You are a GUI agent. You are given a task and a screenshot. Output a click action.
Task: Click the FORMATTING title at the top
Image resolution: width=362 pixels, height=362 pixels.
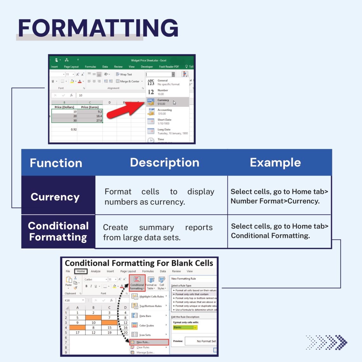point(98,28)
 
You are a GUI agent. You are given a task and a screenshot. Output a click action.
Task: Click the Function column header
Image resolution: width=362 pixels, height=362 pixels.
point(56,163)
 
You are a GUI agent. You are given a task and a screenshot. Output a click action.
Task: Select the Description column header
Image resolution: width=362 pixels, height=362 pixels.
point(164,162)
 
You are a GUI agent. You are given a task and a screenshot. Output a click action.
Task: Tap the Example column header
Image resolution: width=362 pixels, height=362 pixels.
point(275,162)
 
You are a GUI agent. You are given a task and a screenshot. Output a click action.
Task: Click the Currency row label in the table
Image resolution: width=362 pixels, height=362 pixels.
point(55,197)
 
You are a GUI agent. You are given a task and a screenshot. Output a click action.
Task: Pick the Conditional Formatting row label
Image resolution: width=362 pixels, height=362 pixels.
point(58,231)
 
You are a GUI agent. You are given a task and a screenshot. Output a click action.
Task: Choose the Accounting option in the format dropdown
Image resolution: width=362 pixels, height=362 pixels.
point(164,112)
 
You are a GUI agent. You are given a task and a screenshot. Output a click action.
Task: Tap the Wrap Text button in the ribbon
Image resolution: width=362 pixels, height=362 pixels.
point(124,74)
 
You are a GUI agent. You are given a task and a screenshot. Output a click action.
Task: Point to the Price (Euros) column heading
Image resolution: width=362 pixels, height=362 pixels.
point(90,107)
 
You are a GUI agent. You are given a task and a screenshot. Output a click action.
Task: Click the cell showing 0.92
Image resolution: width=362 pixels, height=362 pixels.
point(74,130)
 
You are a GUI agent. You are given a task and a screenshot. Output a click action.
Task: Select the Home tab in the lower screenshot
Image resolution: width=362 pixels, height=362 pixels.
point(81,271)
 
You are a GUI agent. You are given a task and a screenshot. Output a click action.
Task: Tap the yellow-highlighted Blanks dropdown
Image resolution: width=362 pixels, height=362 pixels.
point(185,327)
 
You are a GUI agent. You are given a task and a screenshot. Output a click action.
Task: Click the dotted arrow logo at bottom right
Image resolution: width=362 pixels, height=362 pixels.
point(327,342)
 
